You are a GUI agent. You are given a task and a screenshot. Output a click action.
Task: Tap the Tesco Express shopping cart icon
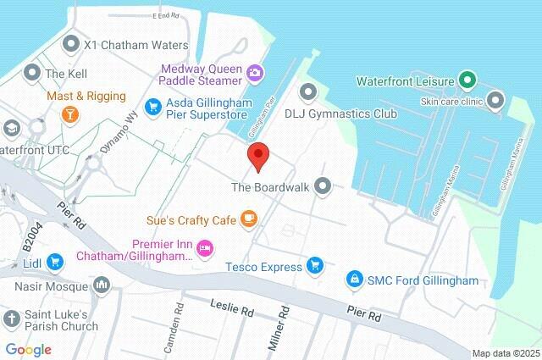click(315, 266)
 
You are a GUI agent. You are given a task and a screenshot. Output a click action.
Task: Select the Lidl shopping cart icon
click(55, 262)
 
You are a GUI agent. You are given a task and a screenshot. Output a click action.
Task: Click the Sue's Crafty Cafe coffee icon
click(248, 219)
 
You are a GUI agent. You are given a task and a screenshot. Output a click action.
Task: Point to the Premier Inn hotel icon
click(204, 247)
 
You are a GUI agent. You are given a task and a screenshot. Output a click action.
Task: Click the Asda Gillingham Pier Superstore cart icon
click(152, 106)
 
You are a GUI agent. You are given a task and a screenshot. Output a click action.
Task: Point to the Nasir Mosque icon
click(102, 285)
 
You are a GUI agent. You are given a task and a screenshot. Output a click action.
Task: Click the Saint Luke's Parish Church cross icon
click(12, 318)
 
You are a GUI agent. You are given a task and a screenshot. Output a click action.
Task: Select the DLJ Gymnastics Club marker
click(307, 91)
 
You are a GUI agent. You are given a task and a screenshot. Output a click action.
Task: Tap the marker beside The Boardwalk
click(322, 186)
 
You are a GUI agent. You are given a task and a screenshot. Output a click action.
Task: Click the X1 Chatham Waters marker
click(71, 43)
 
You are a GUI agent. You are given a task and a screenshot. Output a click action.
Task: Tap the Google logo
click(28, 349)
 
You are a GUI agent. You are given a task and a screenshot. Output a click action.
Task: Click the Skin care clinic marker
click(496, 102)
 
